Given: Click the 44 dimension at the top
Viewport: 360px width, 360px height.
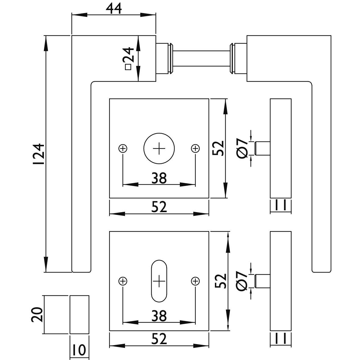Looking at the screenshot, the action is click(114, 9).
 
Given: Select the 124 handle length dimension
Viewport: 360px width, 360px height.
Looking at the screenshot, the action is click(38, 154).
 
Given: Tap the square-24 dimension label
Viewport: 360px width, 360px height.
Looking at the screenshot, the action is click(128, 58).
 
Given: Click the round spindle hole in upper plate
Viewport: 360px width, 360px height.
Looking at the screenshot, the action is click(159, 148).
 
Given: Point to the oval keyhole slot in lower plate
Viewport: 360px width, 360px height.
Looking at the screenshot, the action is click(159, 281).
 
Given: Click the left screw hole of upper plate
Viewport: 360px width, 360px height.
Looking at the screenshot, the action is click(123, 148).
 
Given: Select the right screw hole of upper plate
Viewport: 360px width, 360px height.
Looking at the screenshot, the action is click(195, 148).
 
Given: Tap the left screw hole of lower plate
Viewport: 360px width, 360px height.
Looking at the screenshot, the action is click(123, 281).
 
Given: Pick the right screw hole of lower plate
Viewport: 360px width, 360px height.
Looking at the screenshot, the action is click(195, 281).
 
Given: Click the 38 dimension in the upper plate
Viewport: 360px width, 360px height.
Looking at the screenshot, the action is click(159, 178).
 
